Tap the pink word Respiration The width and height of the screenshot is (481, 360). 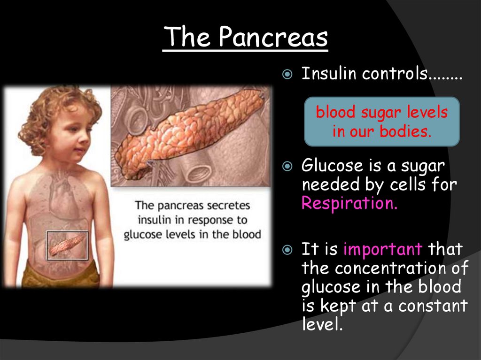(x=349, y=204)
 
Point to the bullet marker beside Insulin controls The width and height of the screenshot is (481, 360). (x=288, y=75)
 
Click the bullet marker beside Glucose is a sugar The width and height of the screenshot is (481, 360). (x=288, y=167)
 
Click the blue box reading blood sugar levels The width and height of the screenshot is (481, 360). (x=381, y=122)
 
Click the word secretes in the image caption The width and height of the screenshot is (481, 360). (x=229, y=206)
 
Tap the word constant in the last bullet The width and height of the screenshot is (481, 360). (x=433, y=306)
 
